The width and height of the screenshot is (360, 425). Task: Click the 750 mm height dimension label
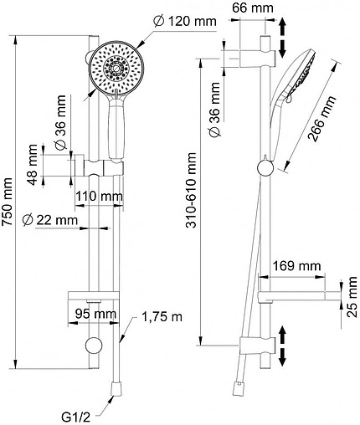(7, 201)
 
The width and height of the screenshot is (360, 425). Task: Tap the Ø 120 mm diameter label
(185, 21)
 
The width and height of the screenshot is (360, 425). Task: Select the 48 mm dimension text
(33, 165)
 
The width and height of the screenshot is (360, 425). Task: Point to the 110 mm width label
(100, 197)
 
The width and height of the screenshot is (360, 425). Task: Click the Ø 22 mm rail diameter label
(50, 221)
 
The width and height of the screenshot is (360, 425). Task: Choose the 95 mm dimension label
(95, 315)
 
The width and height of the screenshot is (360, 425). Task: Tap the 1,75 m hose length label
(162, 316)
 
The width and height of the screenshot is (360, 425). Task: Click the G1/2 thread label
(75, 417)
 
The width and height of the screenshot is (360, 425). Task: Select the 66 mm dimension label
(253, 8)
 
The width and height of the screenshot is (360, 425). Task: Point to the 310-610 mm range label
(192, 190)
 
